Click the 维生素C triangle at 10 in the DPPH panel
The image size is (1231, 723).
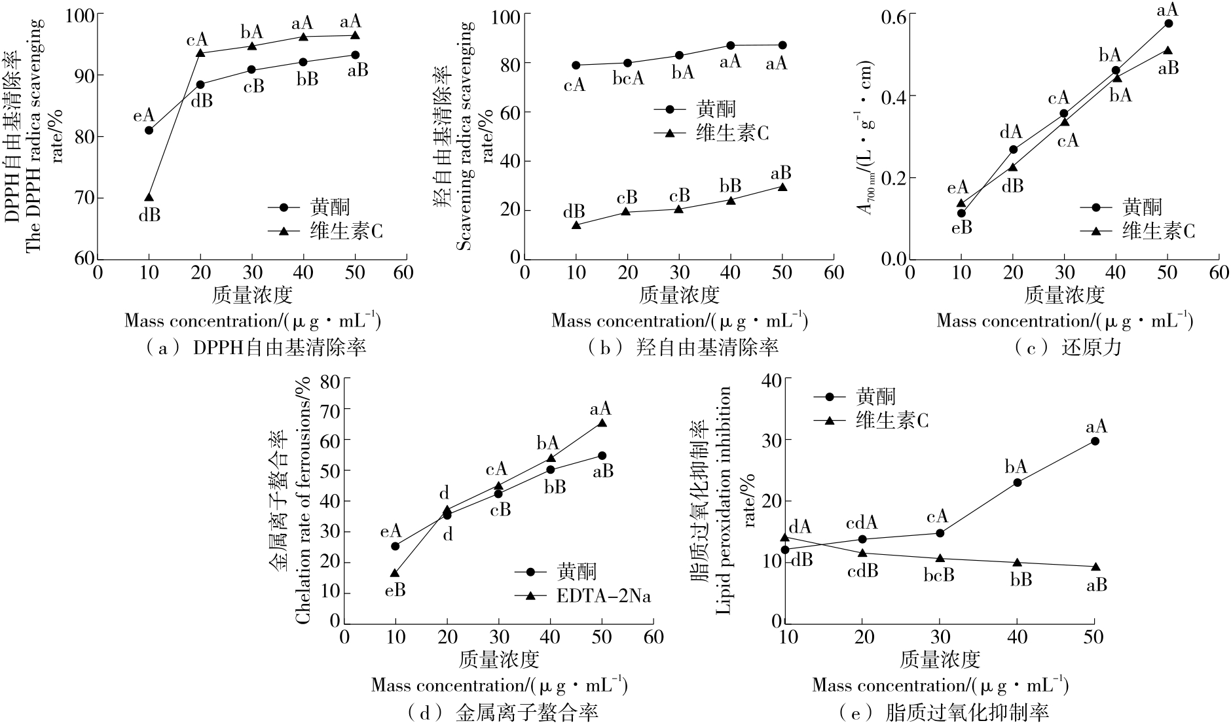coord(149,197)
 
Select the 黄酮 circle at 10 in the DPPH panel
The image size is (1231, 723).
coord(149,130)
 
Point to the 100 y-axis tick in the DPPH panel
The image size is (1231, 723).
coord(82,14)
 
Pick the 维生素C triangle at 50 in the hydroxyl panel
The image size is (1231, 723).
coord(782,187)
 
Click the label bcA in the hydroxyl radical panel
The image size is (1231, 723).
coord(628,79)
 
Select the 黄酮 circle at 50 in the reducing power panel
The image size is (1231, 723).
coord(1168,24)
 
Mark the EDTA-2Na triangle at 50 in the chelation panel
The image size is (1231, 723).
coord(602,423)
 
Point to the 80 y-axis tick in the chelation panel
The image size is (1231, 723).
coord(331,380)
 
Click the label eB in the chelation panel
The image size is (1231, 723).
coord(395,590)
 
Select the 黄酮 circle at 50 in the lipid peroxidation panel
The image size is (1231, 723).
coord(1095,441)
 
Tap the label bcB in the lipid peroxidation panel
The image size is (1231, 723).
coord(939,575)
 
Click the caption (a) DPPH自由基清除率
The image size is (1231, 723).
coord(255,347)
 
